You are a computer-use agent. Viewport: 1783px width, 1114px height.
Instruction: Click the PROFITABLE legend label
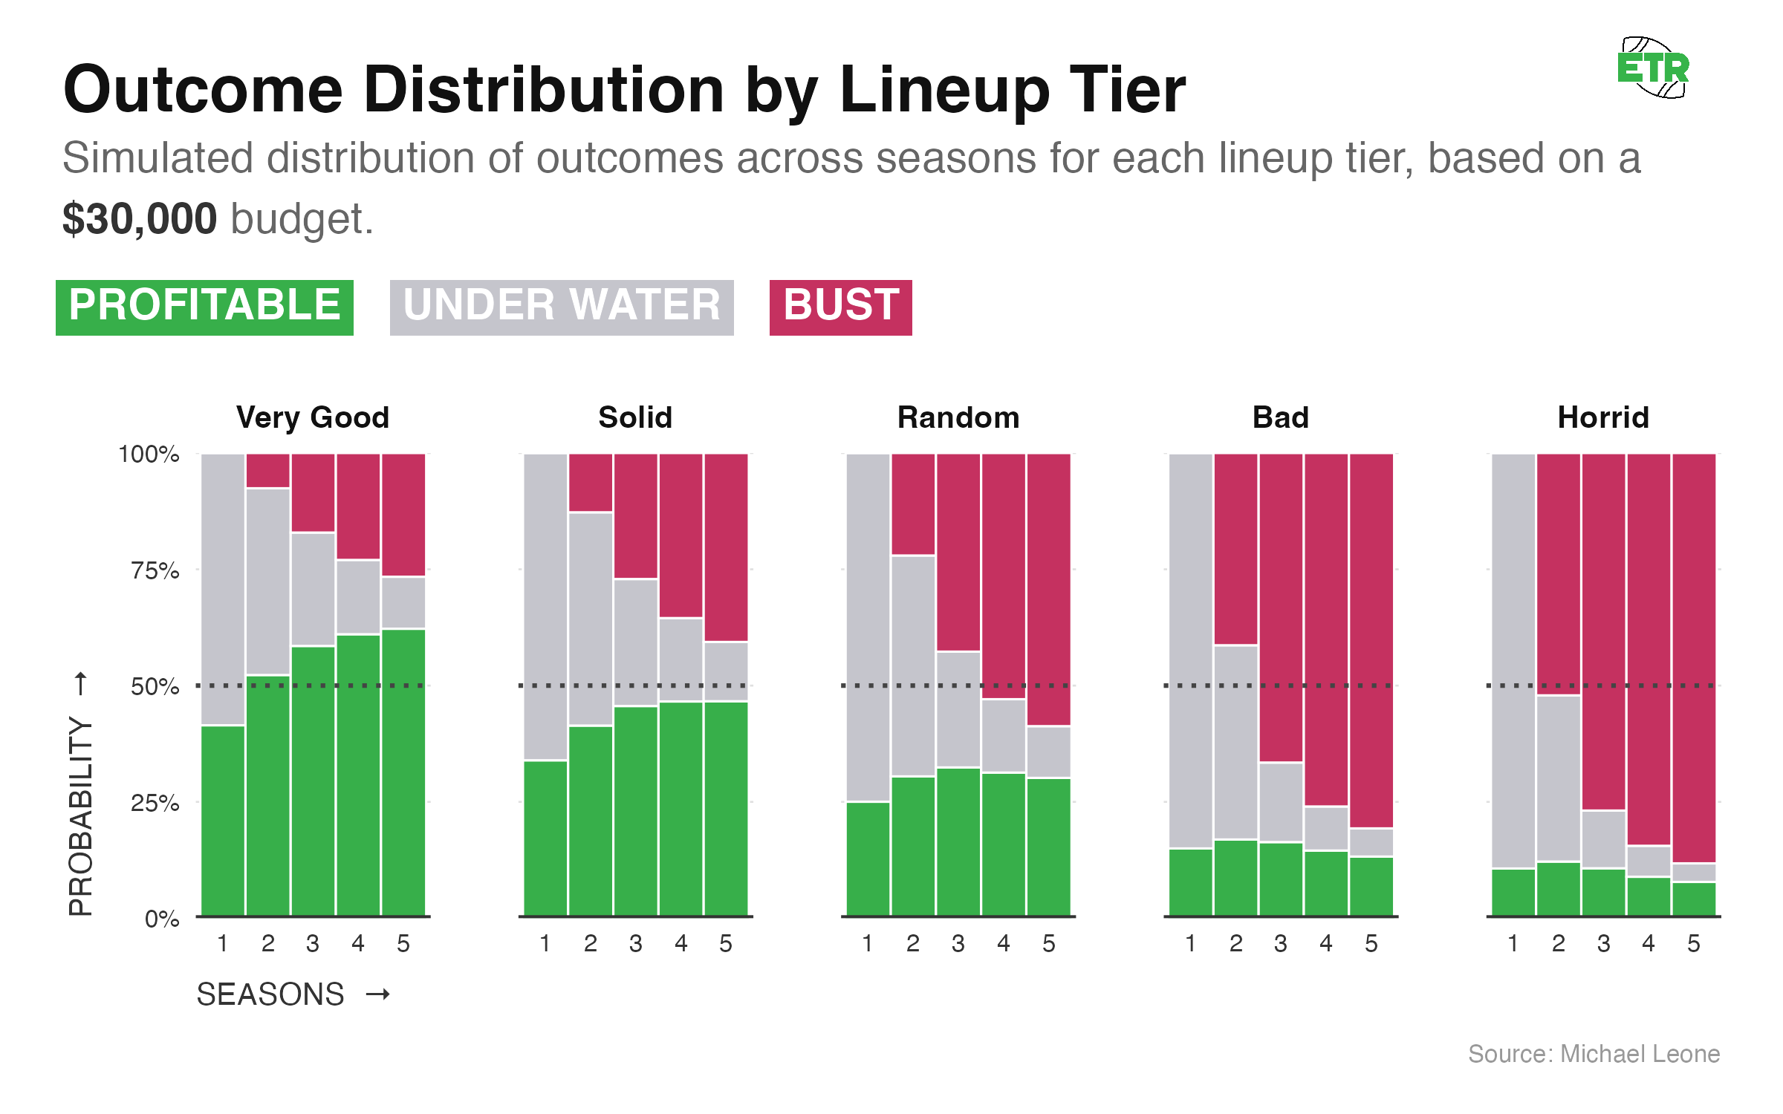(204, 307)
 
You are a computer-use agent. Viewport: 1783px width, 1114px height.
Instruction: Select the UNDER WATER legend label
(561, 307)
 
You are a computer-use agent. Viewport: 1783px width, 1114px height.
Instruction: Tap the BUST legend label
(840, 307)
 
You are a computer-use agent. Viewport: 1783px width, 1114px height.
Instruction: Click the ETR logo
(1653, 68)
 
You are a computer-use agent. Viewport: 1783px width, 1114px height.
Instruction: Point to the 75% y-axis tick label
(155, 570)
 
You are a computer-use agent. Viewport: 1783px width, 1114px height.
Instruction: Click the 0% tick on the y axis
(161, 919)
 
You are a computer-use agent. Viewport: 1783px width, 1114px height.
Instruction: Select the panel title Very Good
(313, 417)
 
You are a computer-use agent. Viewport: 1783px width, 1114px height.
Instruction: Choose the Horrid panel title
(1603, 417)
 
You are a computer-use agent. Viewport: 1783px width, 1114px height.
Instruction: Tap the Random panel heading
(958, 417)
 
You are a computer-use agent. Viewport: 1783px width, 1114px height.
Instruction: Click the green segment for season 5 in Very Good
(403, 772)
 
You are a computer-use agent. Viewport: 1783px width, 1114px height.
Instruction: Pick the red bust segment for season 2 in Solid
(591, 483)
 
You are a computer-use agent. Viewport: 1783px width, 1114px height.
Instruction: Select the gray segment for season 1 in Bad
(1191, 650)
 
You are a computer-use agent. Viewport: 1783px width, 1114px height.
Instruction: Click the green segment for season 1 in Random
(868, 859)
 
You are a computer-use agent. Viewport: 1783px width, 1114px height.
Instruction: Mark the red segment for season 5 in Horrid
(1694, 657)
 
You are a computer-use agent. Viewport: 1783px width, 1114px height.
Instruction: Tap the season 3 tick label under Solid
(635, 943)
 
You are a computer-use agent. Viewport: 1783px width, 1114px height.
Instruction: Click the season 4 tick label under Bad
(1326, 943)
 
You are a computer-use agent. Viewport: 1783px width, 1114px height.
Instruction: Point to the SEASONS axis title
(270, 994)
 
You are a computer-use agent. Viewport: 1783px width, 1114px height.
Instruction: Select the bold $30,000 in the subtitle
(139, 219)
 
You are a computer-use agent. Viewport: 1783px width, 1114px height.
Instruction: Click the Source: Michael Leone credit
(1594, 1054)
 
